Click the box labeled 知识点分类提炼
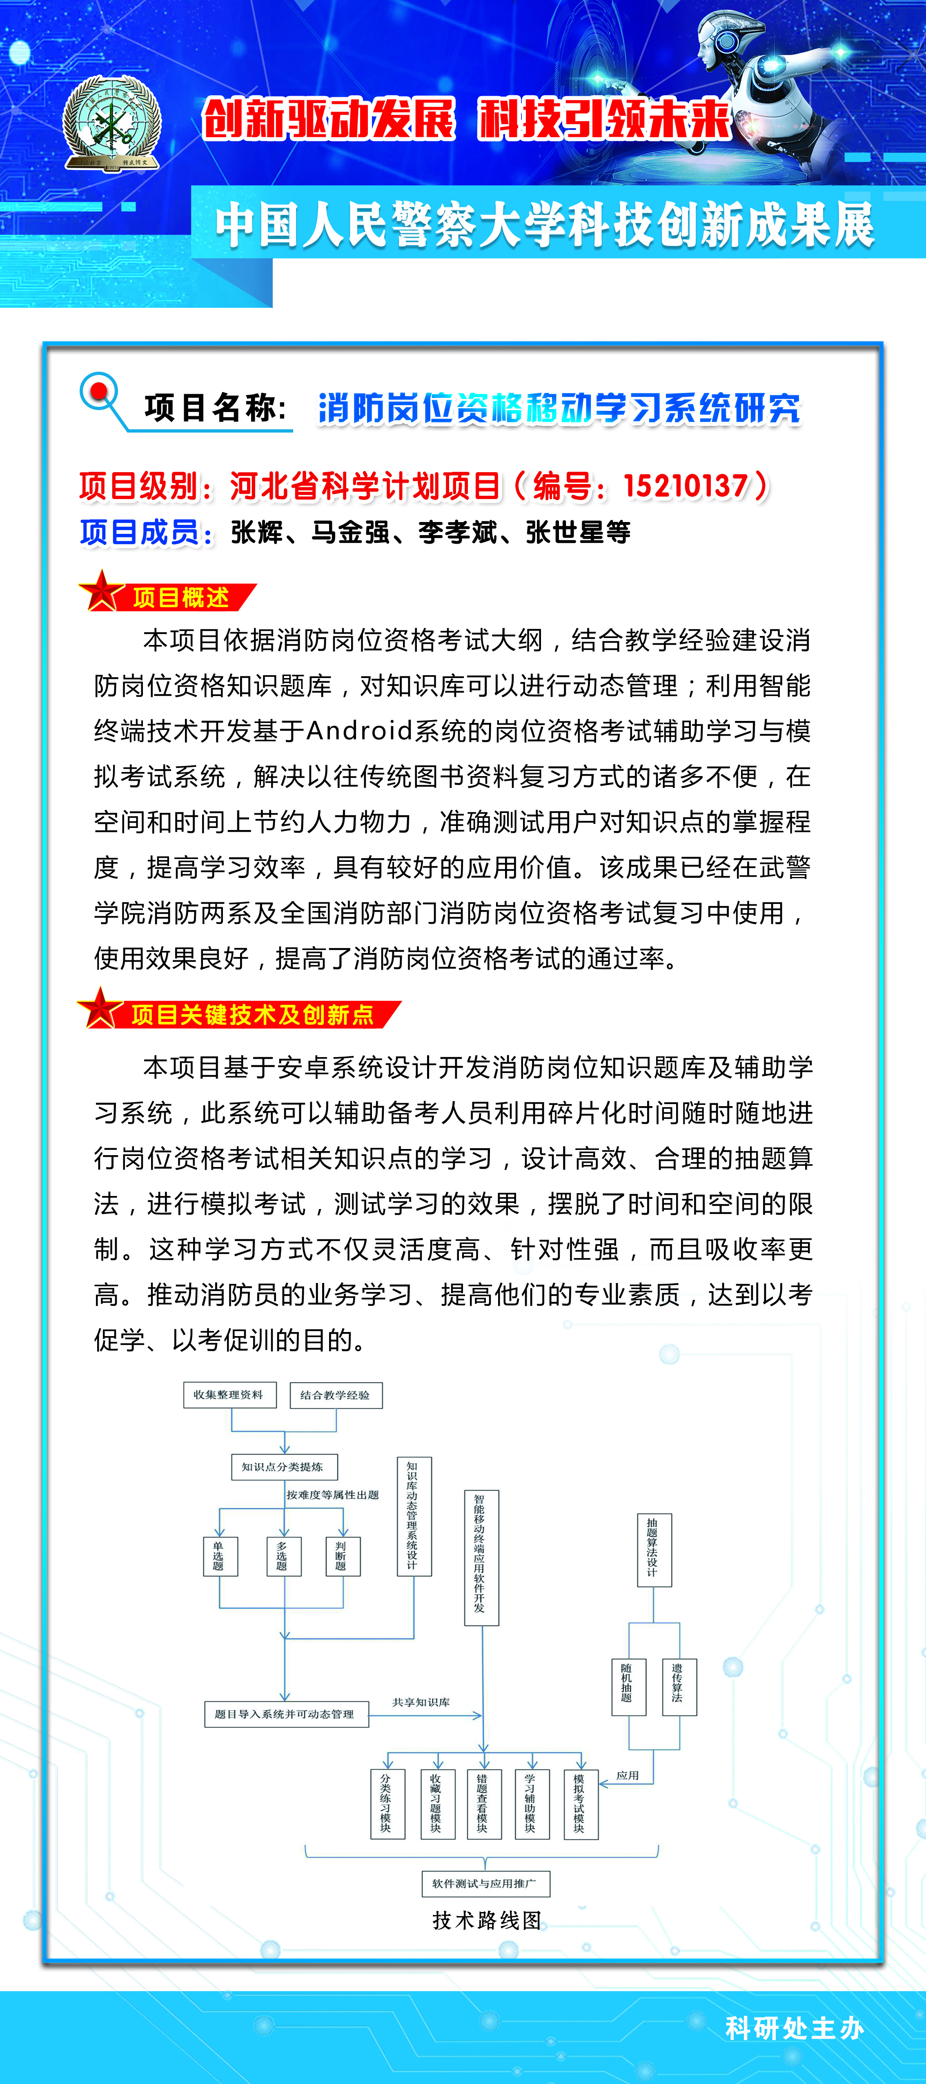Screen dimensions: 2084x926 coord(284,1467)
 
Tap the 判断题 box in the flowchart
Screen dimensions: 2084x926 coord(342,1556)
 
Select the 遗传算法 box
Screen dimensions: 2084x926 coord(679,1687)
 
